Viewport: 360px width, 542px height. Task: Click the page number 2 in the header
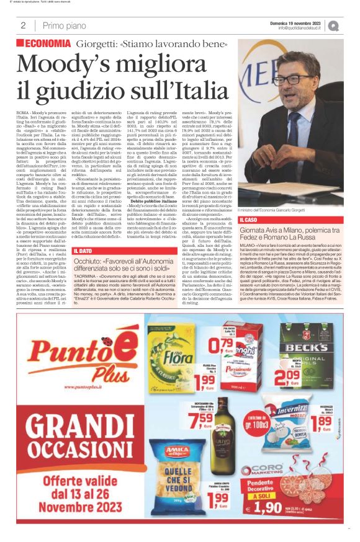click(x=23, y=25)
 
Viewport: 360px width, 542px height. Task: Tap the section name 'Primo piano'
click(x=61, y=25)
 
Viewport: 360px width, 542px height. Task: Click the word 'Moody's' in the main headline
click(x=73, y=64)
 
